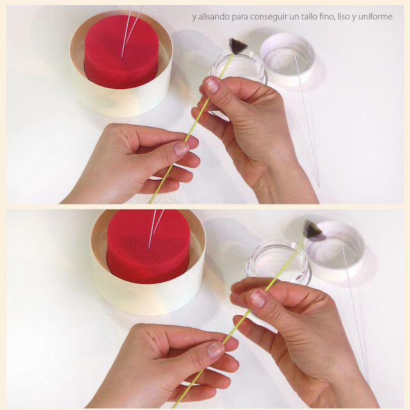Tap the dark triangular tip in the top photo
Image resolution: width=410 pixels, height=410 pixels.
click(238, 46)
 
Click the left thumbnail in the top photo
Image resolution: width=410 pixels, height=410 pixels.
click(181, 149)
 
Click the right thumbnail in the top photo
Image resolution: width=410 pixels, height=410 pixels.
click(211, 85)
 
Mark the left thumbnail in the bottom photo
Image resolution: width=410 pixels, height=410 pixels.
click(215, 350)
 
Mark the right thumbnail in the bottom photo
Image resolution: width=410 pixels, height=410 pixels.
click(258, 299)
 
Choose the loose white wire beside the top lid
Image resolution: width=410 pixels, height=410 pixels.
click(308, 122)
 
